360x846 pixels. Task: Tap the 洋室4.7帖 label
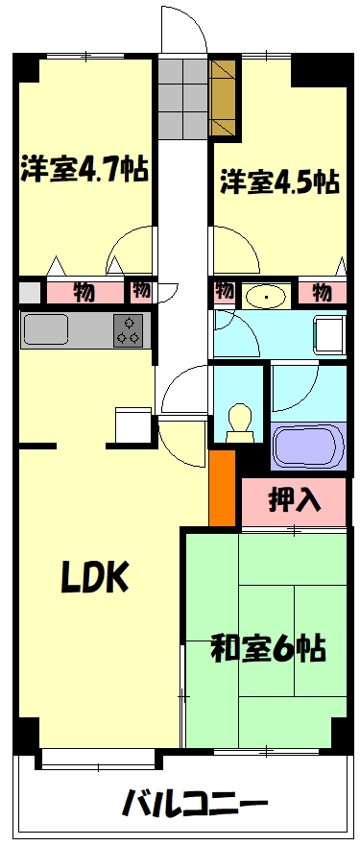click(x=84, y=171)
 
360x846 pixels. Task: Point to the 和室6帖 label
click(x=268, y=647)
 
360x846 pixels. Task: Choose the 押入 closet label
click(x=293, y=500)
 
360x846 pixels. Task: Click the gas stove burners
click(x=128, y=328)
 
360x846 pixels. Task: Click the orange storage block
click(x=222, y=487)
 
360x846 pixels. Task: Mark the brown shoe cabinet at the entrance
click(x=225, y=99)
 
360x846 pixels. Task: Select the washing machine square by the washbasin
click(x=329, y=336)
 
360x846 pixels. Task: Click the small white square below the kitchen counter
click(x=132, y=424)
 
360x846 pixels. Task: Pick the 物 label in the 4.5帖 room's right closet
click(x=322, y=291)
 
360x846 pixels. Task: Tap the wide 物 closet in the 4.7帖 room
click(x=84, y=291)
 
